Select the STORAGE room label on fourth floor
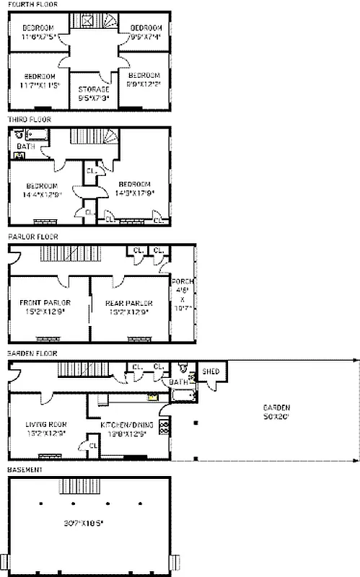click(94, 89)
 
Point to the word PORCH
click(181, 281)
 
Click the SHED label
click(211, 372)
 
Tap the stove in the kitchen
click(164, 426)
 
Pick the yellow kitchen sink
click(152, 396)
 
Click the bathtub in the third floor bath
click(34, 134)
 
